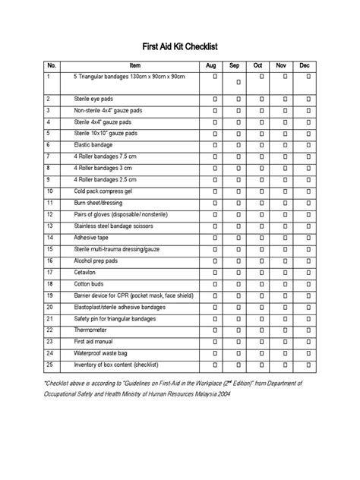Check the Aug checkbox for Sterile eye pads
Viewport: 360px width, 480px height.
pyautogui.click(x=215, y=99)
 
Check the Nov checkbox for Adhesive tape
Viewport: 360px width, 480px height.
pyautogui.click(x=286, y=238)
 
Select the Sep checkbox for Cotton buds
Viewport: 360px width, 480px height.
pyautogui.click(x=238, y=284)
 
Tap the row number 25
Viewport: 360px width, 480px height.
pyautogui.click(x=50, y=365)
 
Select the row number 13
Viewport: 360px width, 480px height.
pyautogui.click(x=50, y=226)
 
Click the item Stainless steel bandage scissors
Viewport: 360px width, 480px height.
pyautogui.click(x=114, y=226)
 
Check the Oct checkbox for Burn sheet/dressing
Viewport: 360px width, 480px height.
pyautogui.click(x=262, y=203)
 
